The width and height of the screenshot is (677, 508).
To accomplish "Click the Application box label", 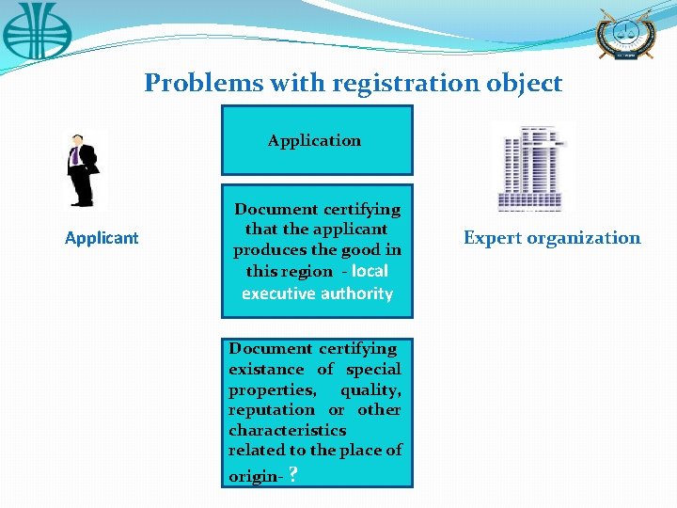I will [314, 140].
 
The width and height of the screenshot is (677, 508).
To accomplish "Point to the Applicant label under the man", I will [102, 238].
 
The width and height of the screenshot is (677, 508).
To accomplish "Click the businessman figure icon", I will [82, 169].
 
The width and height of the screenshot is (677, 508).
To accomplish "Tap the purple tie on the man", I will [75, 155].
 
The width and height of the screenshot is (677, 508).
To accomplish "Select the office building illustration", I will [530, 167].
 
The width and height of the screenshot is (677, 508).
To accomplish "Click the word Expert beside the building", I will [494, 238].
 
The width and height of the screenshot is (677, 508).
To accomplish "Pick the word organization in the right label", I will [585, 238].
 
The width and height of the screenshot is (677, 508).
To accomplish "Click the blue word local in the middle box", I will [370, 271].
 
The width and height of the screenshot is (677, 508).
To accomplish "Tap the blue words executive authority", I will [317, 294].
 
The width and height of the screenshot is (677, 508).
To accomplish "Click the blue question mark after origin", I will [294, 475].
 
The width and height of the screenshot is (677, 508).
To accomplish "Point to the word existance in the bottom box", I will [266, 370].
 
